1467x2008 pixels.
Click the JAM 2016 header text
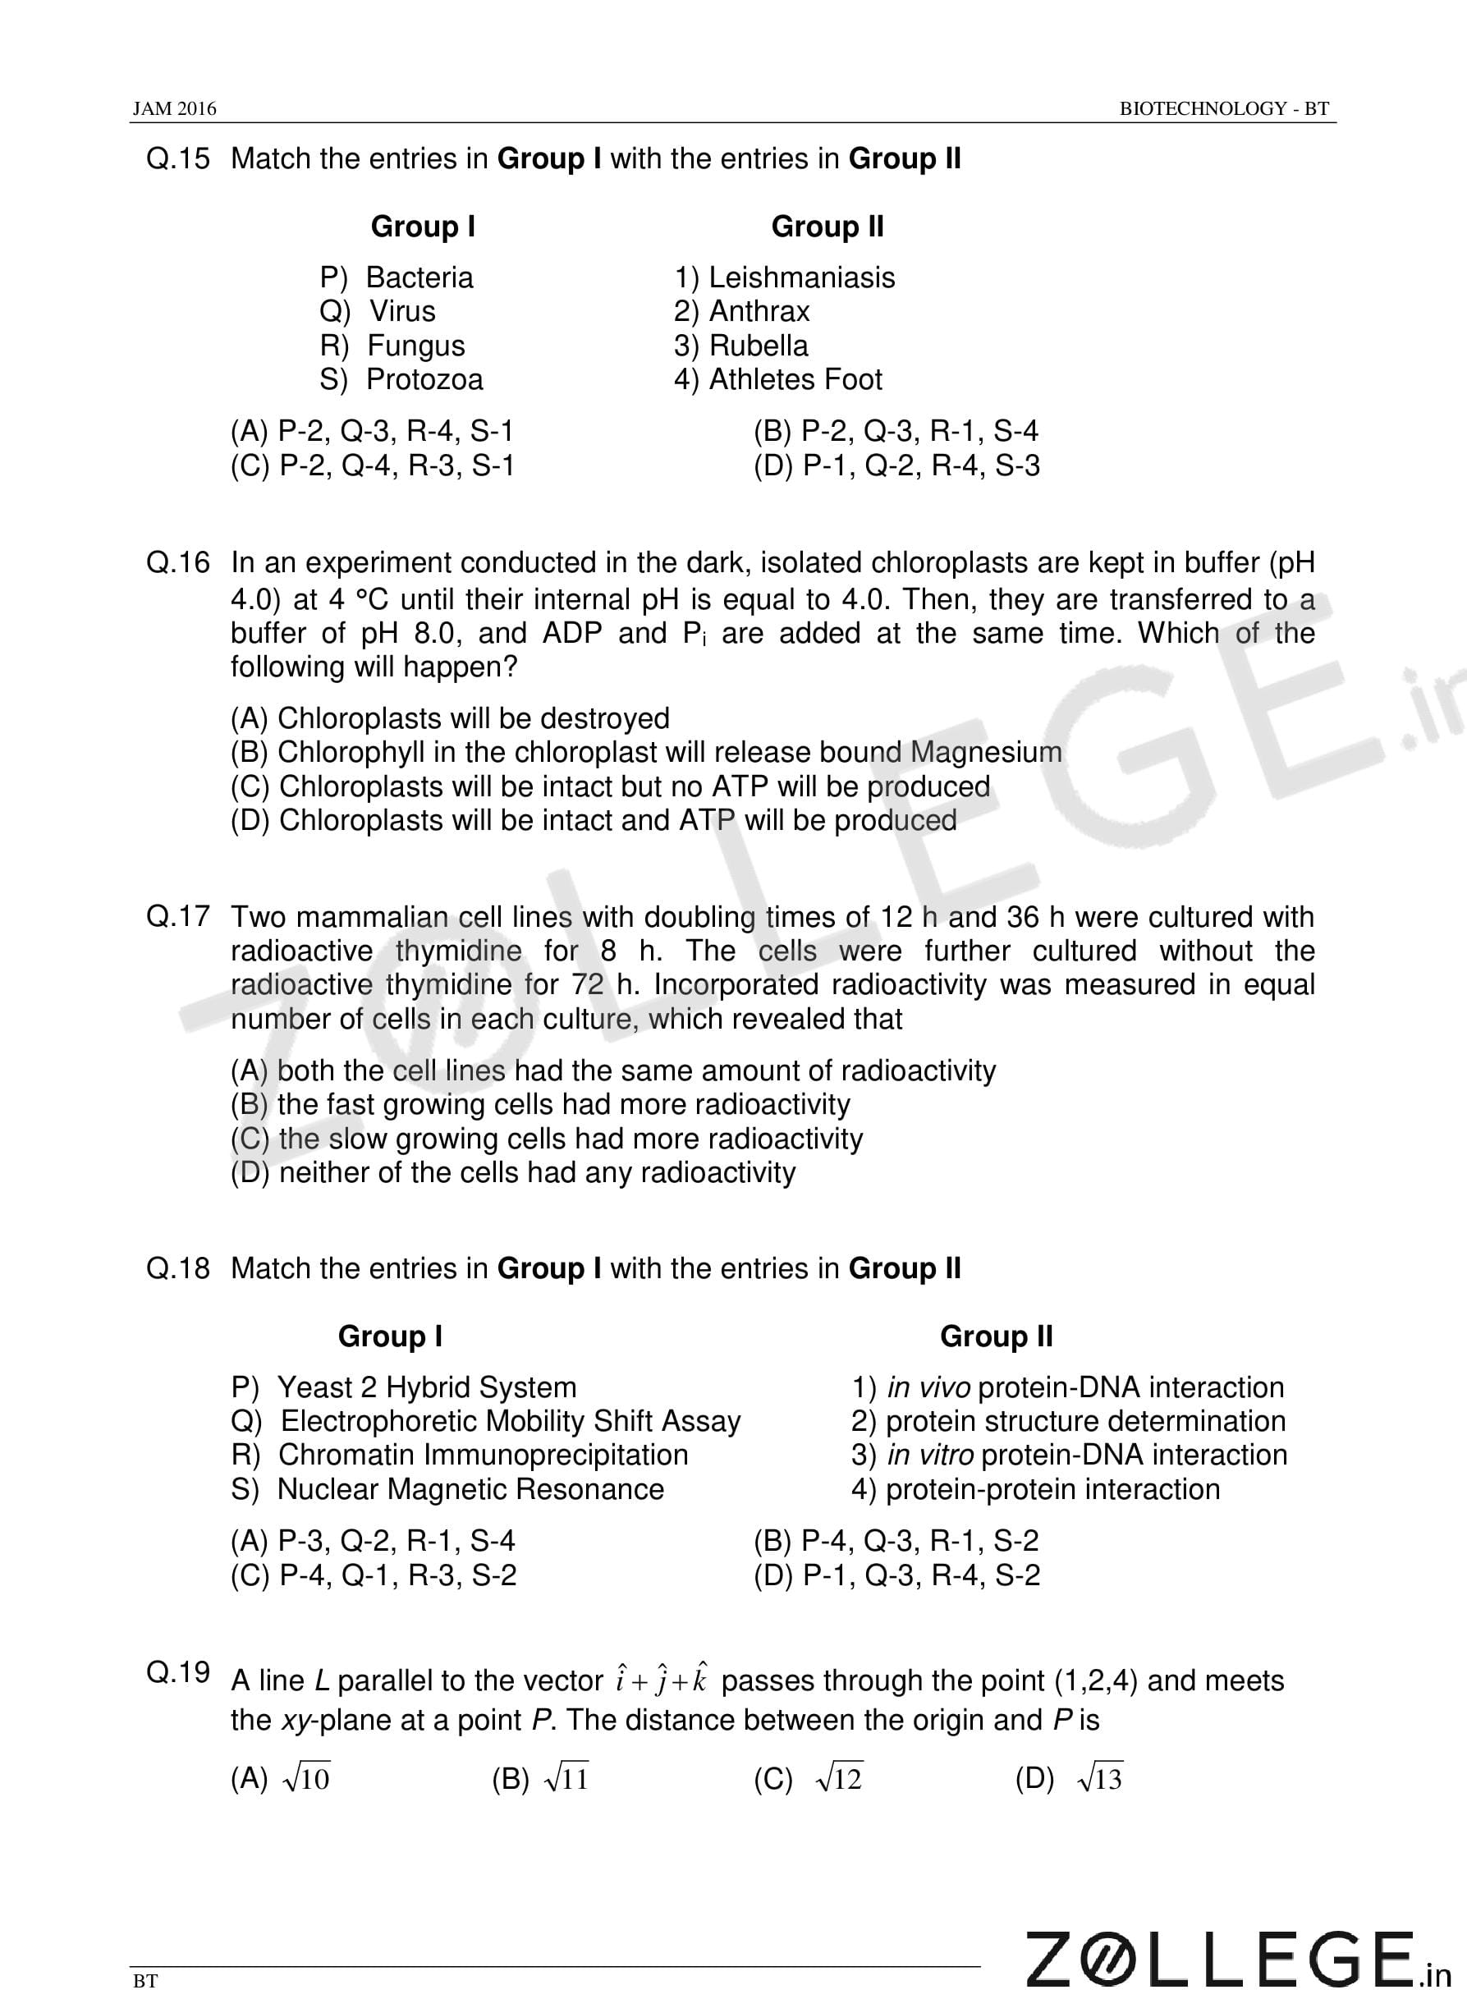(174, 108)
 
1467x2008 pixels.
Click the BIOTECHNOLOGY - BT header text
(1224, 108)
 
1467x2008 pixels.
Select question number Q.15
(178, 159)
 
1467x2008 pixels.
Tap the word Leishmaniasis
(801, 277)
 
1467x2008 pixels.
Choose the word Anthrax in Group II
(759, 312)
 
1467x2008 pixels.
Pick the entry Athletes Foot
(795, 380)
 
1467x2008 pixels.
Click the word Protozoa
(424, 380)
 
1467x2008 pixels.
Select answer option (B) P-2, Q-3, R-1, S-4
(896, 432)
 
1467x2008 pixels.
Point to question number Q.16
(178, 563)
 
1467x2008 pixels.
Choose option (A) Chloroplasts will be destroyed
(450, 718)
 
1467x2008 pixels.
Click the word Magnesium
(986, 753)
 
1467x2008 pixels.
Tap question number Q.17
(178, 916)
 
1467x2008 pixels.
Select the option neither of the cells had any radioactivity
(513, 1173)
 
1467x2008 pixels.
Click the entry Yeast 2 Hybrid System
(426, 1387)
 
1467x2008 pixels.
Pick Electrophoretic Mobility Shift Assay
(511, 1421)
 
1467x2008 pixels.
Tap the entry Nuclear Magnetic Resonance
(470, 1489)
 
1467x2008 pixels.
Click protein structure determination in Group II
(1085, 1421)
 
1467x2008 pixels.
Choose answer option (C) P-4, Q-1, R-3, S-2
(374, 1575)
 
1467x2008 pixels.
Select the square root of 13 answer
(1098, 1779)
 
